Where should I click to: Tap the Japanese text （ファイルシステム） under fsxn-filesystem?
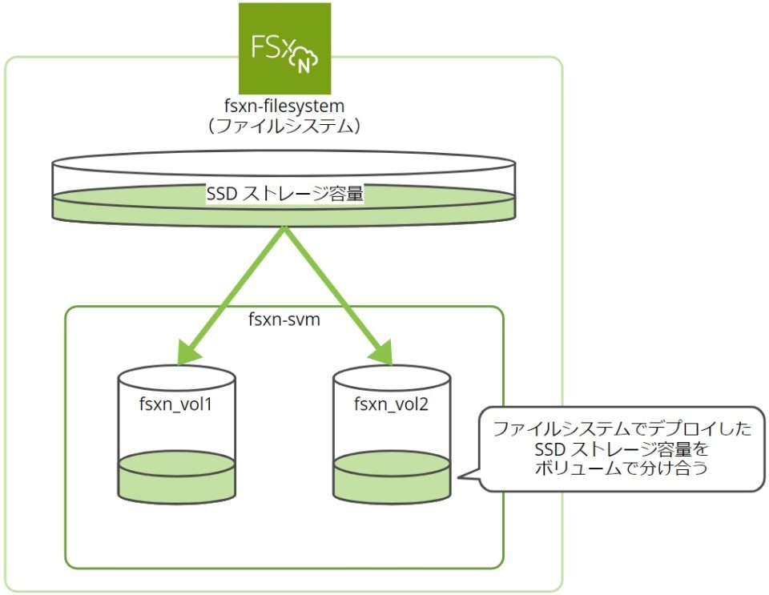click(x=284, y=127)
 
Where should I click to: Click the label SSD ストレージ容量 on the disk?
click(x=284, y=194)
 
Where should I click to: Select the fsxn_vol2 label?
click(x=391, y=403)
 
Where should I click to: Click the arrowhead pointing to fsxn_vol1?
click(x=187, y=352)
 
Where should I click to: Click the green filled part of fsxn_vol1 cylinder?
click(x=176, y=479)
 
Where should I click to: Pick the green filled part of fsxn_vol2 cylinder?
click(x=391, y=479)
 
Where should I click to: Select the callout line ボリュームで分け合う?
click(x=622, y=468)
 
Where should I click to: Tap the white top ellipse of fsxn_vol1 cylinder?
click(x=176, y=376)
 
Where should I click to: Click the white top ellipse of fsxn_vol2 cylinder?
click(x=391, y=376)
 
